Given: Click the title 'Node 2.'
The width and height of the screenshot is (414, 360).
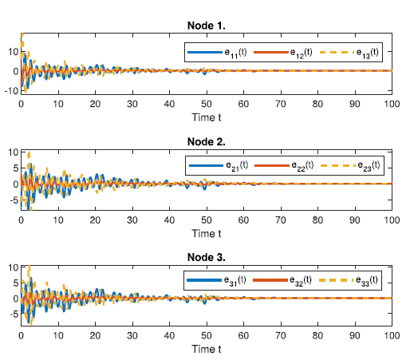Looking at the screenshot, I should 206,141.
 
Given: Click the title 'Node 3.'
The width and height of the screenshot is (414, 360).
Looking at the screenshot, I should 206,256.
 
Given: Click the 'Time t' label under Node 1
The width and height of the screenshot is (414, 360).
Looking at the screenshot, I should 206,119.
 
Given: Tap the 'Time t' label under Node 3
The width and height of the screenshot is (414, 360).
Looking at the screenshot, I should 206,349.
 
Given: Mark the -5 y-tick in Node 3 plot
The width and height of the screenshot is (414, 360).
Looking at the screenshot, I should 12,315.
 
